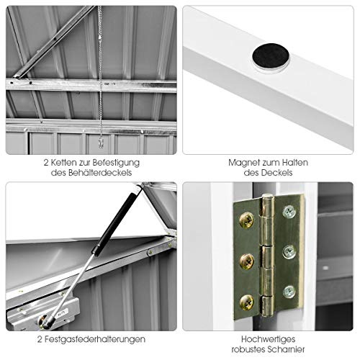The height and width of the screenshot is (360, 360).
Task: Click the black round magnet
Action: [x=271, y=56]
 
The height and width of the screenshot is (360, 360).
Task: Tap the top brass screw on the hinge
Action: [x=246, y=220]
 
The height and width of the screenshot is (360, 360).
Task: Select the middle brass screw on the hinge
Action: [x=247, y=261]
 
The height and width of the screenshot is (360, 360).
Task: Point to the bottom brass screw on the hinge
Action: [x=246, y=302]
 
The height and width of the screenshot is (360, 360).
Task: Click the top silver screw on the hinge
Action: [x=289, y=212]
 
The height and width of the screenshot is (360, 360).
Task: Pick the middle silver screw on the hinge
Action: [x=289, y=252]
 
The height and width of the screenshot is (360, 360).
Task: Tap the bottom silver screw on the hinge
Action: [x=289, y=292]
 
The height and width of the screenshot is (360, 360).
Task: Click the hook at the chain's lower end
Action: [x=101, y=143]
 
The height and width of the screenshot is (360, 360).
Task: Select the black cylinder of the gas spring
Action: [x=114, y=222]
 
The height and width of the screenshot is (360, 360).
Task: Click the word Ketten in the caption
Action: [x=63, y=163]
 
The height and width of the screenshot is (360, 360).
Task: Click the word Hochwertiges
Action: [x=268, y=340]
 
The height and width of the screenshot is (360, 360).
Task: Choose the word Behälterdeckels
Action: [x=100, y=173]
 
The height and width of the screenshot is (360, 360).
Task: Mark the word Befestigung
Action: [x=116, y=163]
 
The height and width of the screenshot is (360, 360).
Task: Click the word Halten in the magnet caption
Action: [x=295, y=163]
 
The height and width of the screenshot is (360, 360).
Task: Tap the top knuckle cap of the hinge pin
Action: [x=268, y=197]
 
